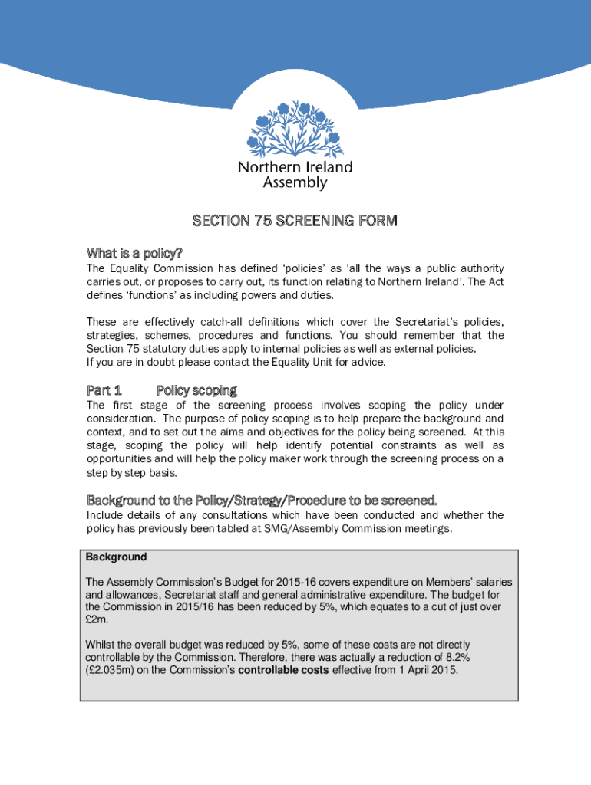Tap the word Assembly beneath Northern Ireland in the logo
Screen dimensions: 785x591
click(295, 182)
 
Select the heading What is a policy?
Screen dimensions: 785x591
click(134, 253)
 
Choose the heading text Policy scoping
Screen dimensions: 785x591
click(196, 390)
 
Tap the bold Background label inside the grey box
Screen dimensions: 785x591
click(116, 557)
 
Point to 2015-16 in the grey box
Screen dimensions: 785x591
click(284, 583)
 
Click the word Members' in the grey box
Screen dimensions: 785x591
click(425, 583)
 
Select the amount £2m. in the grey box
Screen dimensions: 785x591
click(97, 619)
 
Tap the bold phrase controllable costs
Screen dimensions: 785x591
click(287, 670)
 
